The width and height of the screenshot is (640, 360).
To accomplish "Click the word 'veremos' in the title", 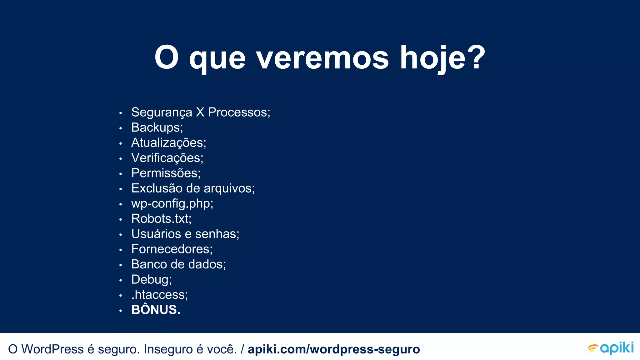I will (x=322, y=58).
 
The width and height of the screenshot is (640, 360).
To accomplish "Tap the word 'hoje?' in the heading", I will (x=442, y=58).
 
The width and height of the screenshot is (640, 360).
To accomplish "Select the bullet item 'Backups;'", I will (x=157, y=127).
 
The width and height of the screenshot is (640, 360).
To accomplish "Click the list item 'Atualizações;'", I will (x=168, y=143).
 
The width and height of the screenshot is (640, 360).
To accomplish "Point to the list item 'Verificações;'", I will (x=167, y=158).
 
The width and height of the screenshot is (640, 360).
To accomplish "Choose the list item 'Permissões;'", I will (x=166, y=173).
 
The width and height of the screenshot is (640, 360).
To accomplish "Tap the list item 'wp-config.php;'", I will (x=172, y=204).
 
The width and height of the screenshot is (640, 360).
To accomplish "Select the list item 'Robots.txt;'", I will (x=161, y=219).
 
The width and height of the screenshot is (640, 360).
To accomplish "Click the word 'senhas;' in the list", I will (x=217, y=234).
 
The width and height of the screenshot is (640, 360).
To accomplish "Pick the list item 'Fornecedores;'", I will (x=172, y=249).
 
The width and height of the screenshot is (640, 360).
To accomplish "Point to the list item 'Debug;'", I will (x=152, y=280).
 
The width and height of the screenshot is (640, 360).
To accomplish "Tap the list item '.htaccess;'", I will (x=160, y=295).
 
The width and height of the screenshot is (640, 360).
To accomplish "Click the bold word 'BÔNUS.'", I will (x=156, y=310).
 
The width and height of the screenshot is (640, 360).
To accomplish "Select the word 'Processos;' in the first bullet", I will (x=239, y=112).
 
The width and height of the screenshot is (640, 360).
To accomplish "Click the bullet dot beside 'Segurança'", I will (x=121, y=113).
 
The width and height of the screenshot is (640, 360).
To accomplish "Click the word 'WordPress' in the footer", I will (x=52, y=349).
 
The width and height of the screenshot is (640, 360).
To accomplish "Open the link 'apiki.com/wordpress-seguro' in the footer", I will (x=334, y=349).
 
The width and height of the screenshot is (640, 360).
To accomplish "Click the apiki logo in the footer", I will (x=611, y=348).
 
